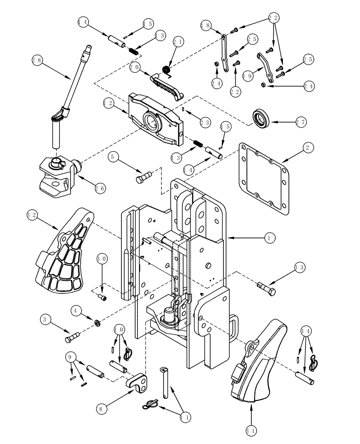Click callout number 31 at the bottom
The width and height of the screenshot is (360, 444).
click(251, 430)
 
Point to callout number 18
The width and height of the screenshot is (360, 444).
click(205, 25)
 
